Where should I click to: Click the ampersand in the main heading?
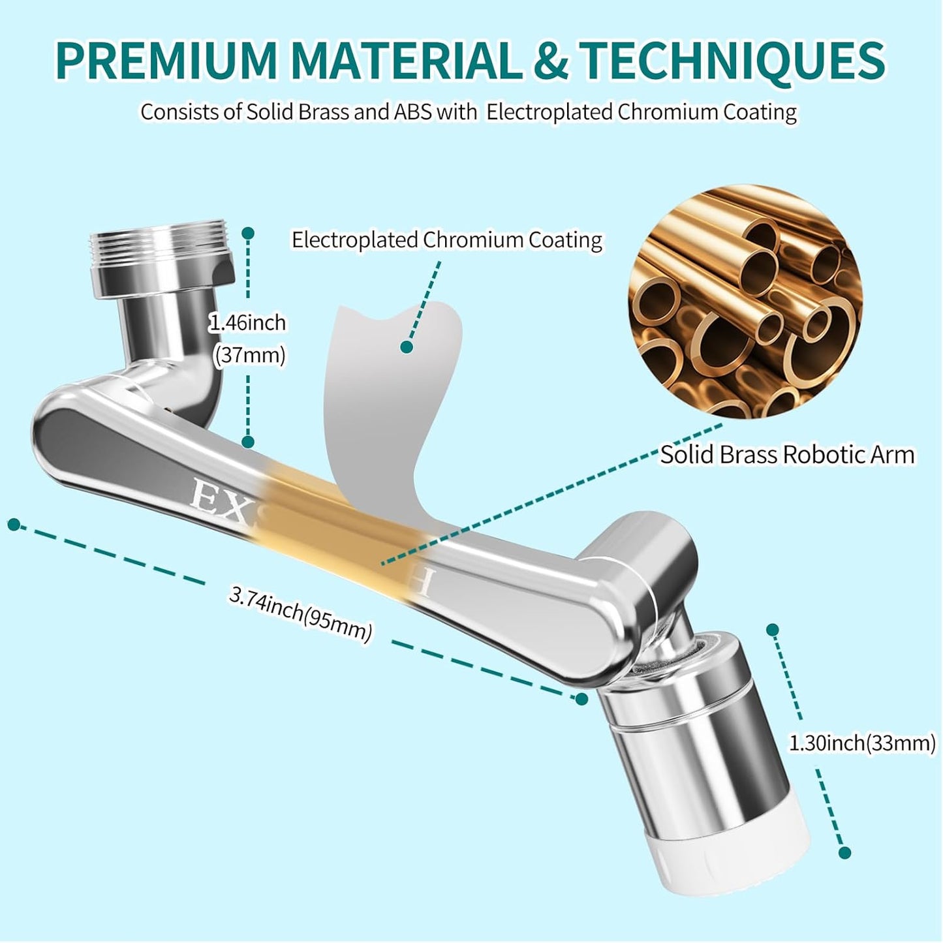point(551,60)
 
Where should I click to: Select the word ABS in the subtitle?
point(412,112)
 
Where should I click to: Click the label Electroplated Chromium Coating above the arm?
point(447,240)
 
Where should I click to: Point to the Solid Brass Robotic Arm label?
point(787,454)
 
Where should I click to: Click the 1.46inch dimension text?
point(247,322)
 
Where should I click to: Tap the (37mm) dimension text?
point(249,355)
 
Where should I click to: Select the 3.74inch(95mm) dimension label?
point(301,613)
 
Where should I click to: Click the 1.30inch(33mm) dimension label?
point(862,743)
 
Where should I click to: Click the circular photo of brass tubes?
point(745,301)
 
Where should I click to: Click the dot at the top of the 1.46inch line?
point(247,233)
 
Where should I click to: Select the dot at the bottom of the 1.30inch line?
point(844,852)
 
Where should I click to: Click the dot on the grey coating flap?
point(407,347)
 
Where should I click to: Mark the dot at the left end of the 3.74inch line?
point(13,524)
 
